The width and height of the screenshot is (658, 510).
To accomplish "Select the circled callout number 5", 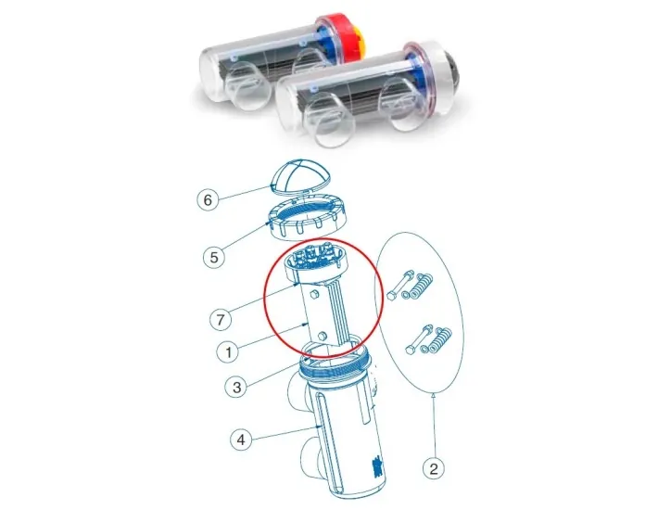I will pos(214,255).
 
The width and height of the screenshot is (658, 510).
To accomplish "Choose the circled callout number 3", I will pos(238,386).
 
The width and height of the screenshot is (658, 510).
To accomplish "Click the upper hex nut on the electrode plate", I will pos(314,296).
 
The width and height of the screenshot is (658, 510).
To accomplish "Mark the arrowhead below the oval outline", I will pos(434,394).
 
